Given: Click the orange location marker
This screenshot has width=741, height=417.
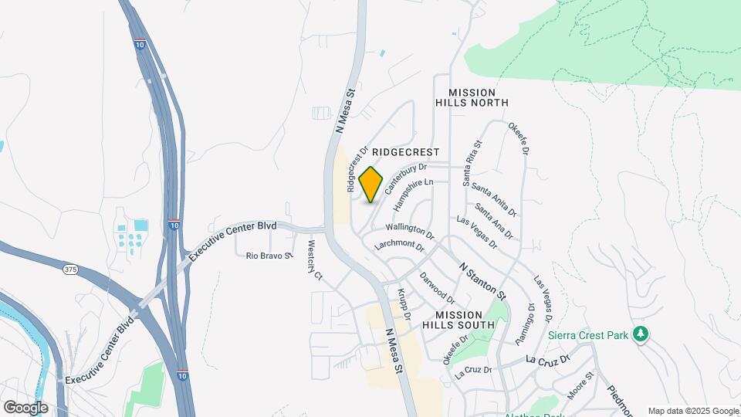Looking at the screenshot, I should pyautogui.click(x=370, y=184).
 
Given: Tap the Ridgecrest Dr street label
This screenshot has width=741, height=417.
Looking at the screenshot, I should pyautogui.click(x=355, y=170).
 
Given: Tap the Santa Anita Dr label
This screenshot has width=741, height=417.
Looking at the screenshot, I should pyautogui.click(x=493, y=199).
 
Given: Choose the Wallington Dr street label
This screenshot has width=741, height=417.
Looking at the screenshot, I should pyautogui.click(x=411, y=229).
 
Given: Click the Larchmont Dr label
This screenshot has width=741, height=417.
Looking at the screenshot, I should pyautogui.click(x=400, y=246).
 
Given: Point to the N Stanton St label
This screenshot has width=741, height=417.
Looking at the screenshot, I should pyautogui.click(x=482, y=280).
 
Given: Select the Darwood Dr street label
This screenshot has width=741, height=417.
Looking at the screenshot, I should pyautogui.click(x=438, y=286).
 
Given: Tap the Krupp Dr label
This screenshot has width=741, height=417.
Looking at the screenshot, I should pyautogui.click(x=403, y=304).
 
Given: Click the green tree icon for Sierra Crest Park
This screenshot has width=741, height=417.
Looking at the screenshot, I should pyautogui.click(x=640, y=334).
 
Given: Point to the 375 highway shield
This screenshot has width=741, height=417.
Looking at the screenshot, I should pyautogui.click(x=71, y=269).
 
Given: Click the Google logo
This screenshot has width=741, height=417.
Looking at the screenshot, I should pyautogui.click(x=25, y=407).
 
